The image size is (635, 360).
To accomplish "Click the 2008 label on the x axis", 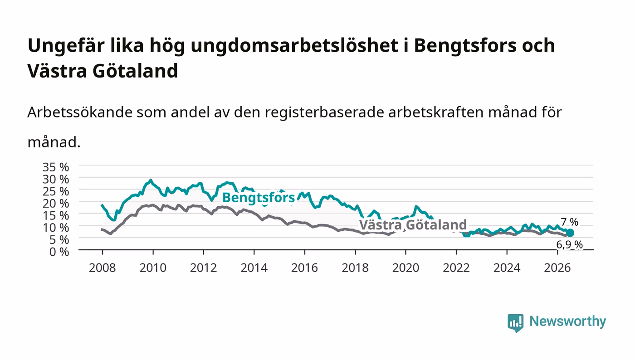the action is click(x=103, y=268).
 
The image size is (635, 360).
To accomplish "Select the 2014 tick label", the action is click(x=254, y=268).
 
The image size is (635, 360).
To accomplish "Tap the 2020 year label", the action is click(x=405, y=268).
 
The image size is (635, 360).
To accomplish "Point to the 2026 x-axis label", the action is click(x=557, y=268).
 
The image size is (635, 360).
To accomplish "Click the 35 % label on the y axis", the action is click(x=56, y=167).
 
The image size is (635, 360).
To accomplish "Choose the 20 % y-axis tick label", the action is click(x=56, y=204).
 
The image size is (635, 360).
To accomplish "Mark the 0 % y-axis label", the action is click(x=59, y=252).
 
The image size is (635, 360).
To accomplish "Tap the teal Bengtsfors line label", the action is click(x=259, y=198).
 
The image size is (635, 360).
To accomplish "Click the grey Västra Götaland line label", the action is click(x=413, y=225).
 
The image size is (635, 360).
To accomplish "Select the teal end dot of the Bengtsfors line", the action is click(x=570, y=233).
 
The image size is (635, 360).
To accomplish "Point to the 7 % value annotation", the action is click(x=570, y=222).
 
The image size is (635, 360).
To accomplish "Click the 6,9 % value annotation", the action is click(x=570, y=245).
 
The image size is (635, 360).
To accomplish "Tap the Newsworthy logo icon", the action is click(x=516, y=322).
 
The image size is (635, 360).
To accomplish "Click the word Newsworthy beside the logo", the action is click(x=568, y=321).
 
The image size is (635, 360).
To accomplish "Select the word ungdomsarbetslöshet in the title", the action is click(x=294, y=46).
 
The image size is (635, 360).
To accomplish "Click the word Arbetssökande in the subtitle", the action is click(x=80, y=112).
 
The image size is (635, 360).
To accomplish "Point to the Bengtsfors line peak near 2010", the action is click(x=151, y=180).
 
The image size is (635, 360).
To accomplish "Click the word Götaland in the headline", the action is click(x=135, y=71).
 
